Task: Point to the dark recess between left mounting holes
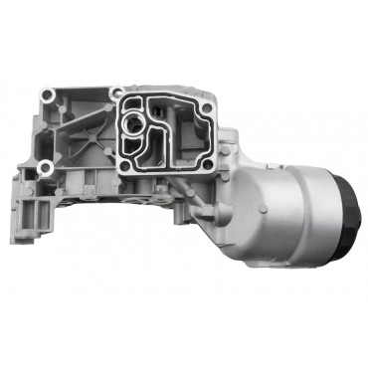point(50,129)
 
